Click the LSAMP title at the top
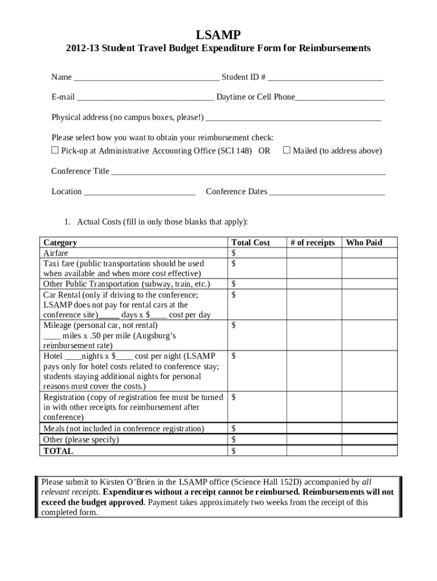(x=218, y=35)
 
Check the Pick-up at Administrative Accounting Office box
(x=55, y=150)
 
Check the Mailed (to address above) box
(x=287, y=150)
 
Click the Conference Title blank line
(x=248, y=172)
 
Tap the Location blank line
(x=140, y=192)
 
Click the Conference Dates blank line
(x=327, y=192)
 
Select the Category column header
(x=60, y=243)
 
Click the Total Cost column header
(x=250, y=243)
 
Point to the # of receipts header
(x=312, y=243)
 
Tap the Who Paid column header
(x=364, y=243)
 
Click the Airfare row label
(x=56, y=253)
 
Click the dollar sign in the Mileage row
(x=234, y=325)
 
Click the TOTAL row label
(x=58, y=451)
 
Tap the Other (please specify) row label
(x=81, y=440)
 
